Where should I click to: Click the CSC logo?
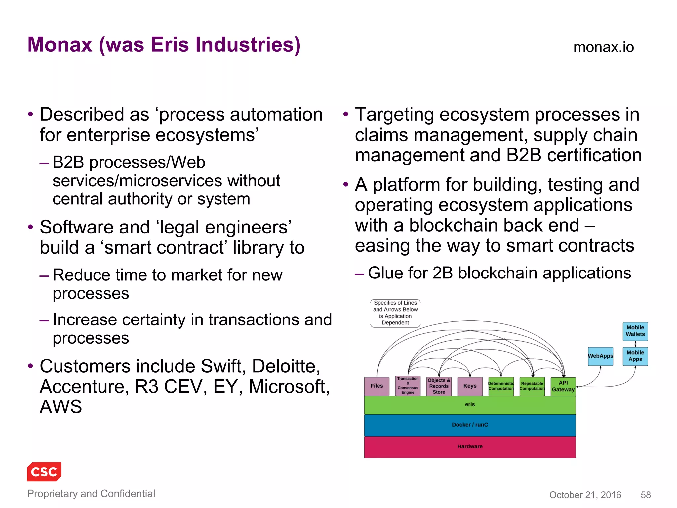[x=44, y=471]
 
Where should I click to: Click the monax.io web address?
[x=603, y=47]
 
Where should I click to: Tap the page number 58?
[x=645, y=495]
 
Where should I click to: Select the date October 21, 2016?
[x=585, y=495]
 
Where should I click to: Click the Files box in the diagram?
[x=377, y=386]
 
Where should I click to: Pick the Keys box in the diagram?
[x=470, y=386]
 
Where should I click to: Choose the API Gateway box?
[x=563, y=386]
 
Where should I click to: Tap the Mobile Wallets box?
[x=635, y=331]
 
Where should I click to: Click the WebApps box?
[x=600, y=356]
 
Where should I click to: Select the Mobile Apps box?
[x=635, y=356]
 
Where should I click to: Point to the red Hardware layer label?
[x=470, y=446]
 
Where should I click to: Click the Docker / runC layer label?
[x=470, y=425]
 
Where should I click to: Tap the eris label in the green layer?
[x=470, y=404]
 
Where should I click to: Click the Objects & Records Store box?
[x=439, y=386]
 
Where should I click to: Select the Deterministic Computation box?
[x=501, y=386]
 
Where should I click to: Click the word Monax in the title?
[x=60, y=45]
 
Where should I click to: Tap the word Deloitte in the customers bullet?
[x=286, y=366]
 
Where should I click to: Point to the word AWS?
[x=61, y=407]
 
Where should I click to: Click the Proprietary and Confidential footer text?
[x=91, y=494]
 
